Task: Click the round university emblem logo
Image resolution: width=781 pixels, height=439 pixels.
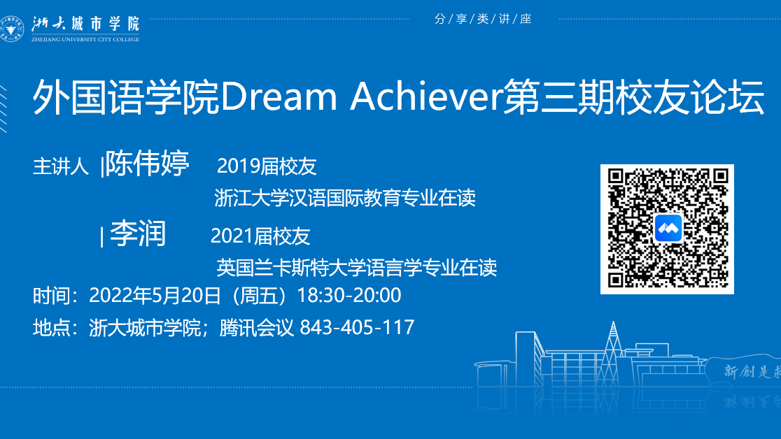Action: (x=11, y=29)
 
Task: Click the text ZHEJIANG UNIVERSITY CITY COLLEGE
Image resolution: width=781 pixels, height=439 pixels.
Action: (x=85, y=39)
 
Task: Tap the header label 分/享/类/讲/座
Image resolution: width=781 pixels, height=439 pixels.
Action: (x=483, y=19)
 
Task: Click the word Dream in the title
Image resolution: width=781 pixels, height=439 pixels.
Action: (x=279, y=96)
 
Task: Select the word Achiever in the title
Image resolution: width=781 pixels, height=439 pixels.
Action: (x=426, y=96)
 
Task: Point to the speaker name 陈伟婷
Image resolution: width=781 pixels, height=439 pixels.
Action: (x=147, y=163)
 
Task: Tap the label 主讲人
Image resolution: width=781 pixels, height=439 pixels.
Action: (x=60, y=166)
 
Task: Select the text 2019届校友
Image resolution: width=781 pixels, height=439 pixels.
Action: (x=267, y=166)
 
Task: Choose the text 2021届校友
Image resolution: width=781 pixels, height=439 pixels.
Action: (x=260, y=236)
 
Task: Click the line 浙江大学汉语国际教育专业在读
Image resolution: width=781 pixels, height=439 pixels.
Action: (x=345, y=198)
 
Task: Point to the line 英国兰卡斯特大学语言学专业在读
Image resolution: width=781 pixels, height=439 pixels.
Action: (x=357, y=268)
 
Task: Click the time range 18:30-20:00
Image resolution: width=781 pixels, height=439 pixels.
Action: (x=349, y=296)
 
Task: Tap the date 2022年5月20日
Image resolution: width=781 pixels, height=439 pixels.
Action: (x=155, y=296)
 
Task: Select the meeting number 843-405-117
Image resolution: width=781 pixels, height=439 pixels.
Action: (x=357, y=328)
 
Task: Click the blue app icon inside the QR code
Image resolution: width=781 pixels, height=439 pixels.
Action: (x=668, y=229)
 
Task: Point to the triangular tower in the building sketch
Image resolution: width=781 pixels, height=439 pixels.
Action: (x=612, y=354)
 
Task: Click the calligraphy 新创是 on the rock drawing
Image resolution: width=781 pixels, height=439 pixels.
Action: (x=747, y=371)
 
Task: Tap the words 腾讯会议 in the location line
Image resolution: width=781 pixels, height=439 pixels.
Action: (x=257, y=328)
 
